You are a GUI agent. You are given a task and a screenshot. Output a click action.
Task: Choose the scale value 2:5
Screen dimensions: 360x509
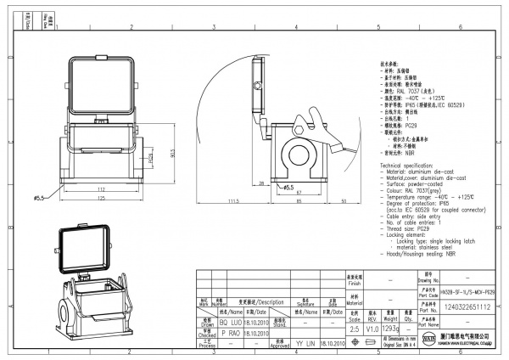[353, 328]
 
